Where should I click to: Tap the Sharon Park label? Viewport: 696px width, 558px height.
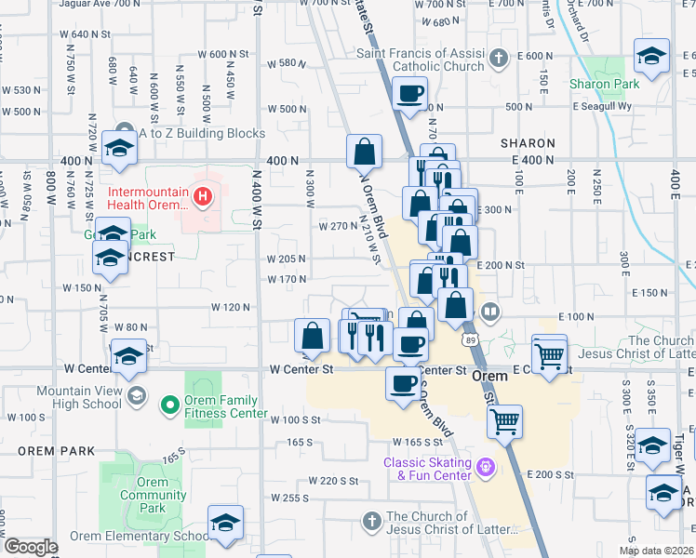coord(605,84)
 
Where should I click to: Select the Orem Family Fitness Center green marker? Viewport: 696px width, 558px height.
coord(169,404)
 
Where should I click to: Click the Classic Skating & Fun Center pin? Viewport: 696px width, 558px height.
coord(483,466)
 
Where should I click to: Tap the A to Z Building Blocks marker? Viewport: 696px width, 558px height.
coord(124,133)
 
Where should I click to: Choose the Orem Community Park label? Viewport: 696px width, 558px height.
coord(152,495)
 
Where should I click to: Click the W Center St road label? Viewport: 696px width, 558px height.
coord(301,369)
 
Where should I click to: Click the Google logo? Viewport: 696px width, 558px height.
coord(31,547)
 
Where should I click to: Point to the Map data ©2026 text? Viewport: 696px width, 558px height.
coord(657,551)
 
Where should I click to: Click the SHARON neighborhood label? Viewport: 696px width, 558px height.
coord(528,144)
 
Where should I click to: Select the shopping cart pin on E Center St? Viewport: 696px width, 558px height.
coord(549,353)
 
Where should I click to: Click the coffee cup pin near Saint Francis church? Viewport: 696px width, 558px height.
coord(409,94)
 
